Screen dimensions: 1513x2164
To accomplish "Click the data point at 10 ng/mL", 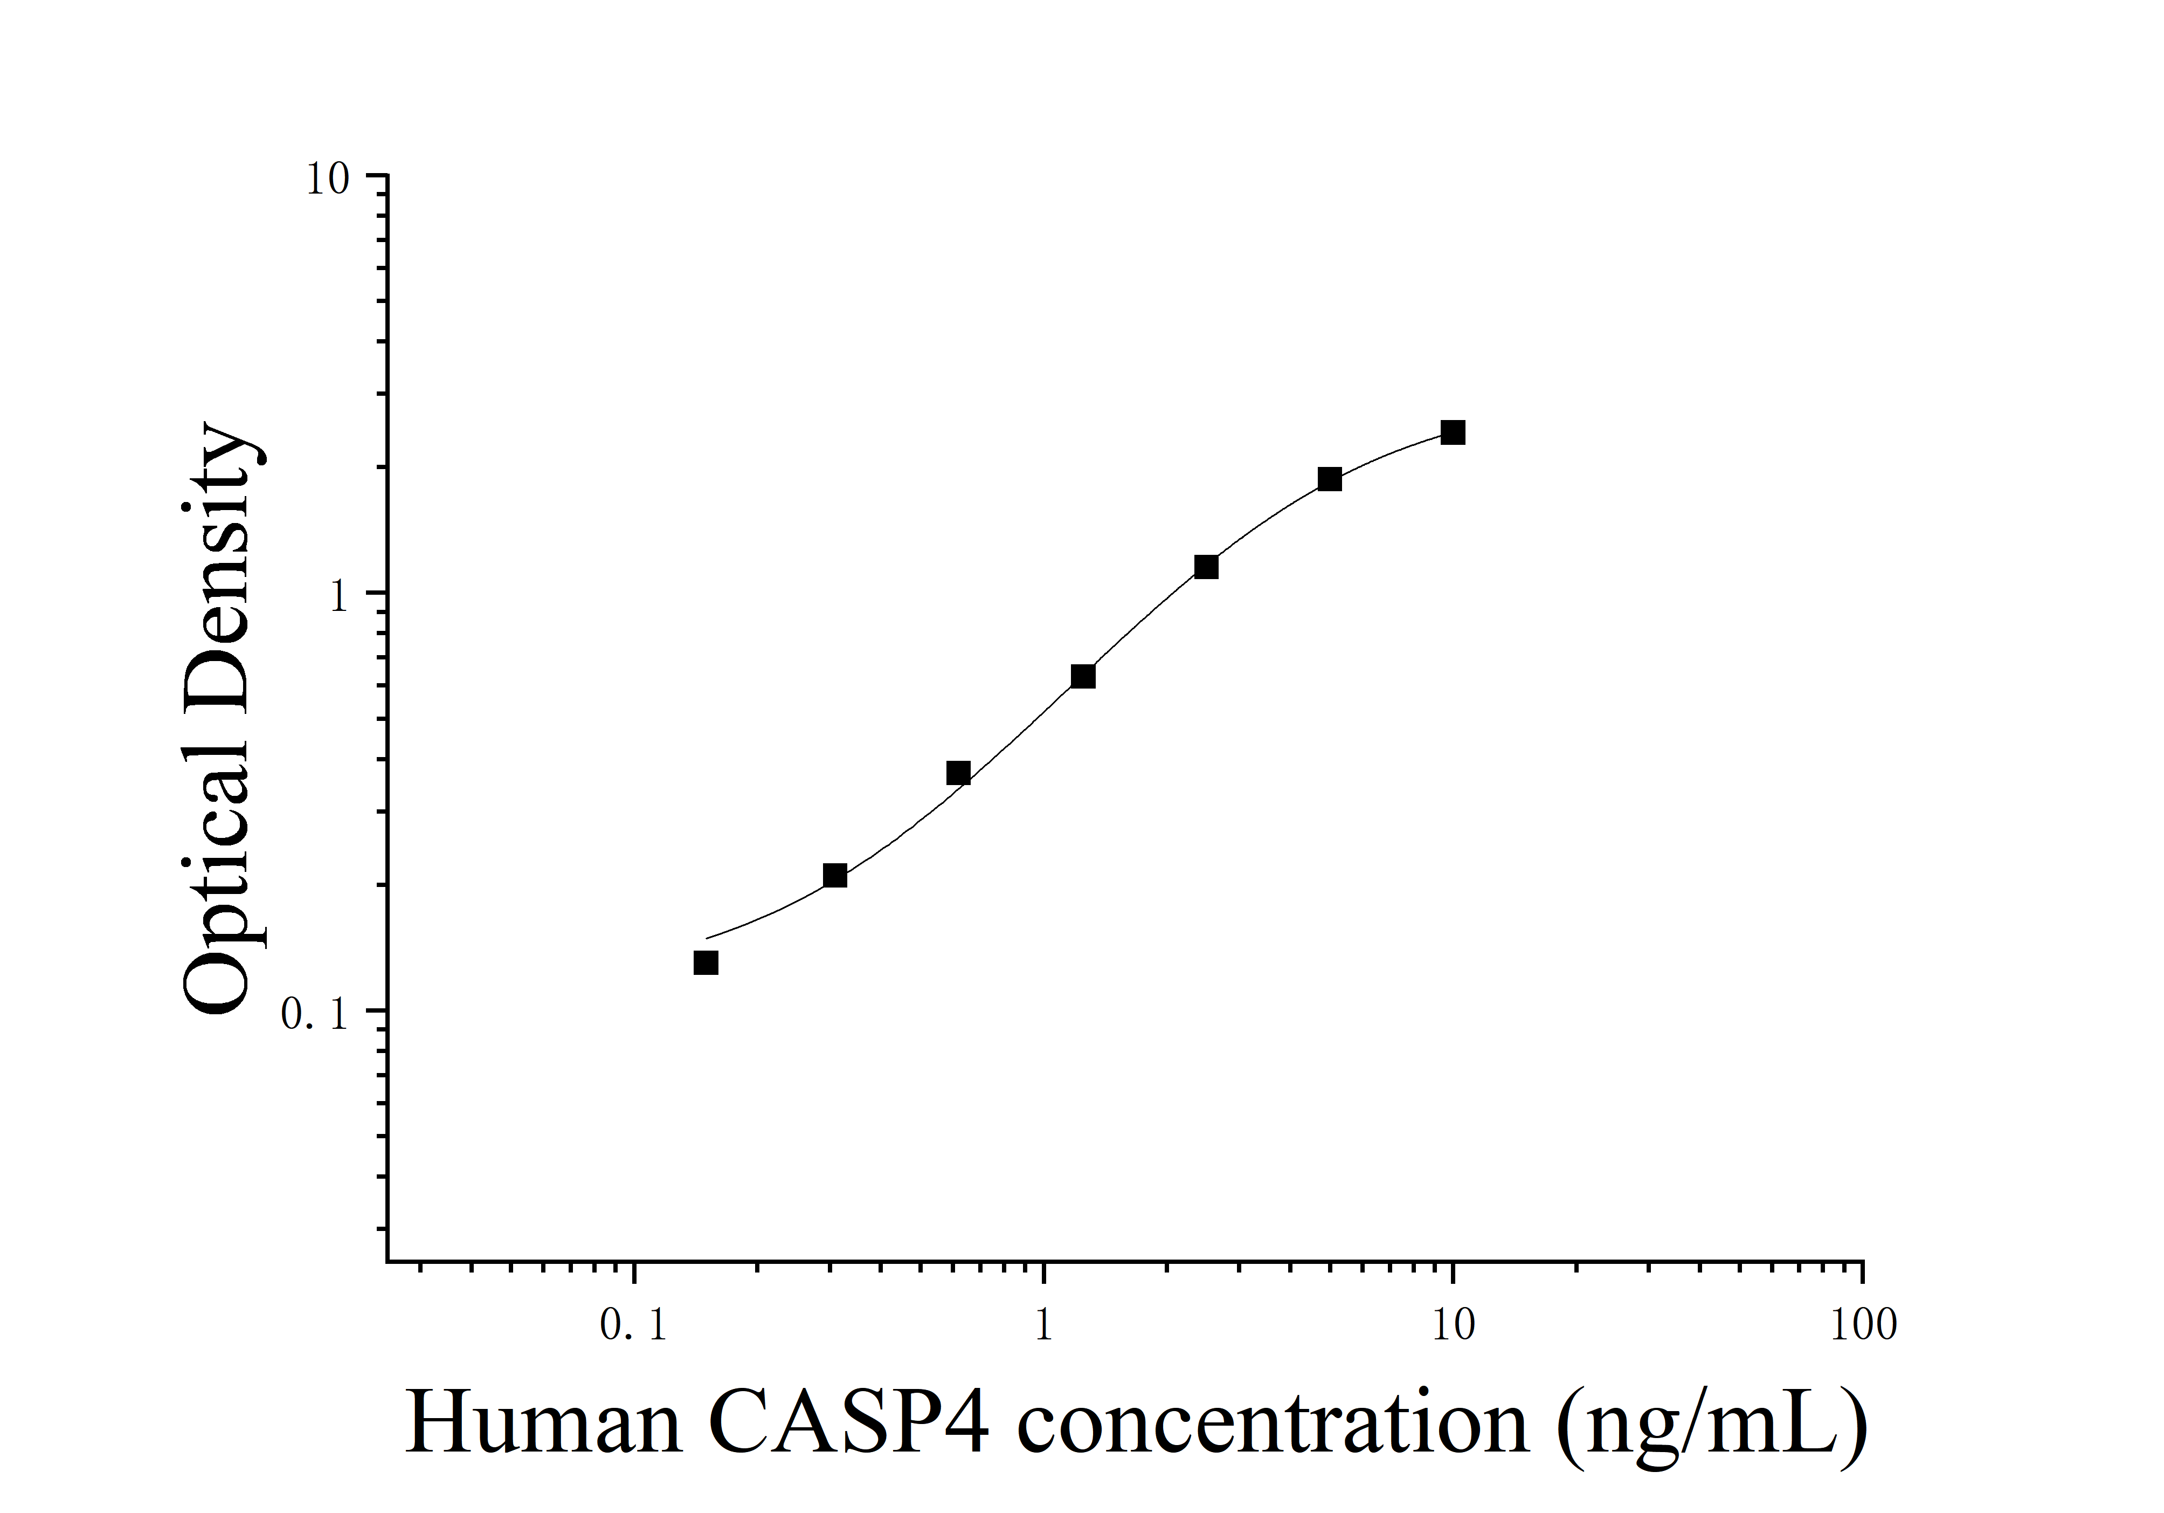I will (1453, 432).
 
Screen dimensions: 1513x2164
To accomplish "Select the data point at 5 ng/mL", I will (1329, 479).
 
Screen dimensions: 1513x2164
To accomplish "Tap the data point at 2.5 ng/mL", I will (1206, 567).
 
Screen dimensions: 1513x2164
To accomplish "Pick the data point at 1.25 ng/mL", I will (1083, 676).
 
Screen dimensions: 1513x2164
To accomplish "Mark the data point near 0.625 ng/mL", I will (958, 773).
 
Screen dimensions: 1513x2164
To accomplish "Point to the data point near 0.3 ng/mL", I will (834, 876).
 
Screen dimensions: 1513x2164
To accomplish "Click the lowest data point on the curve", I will (706, 962).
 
